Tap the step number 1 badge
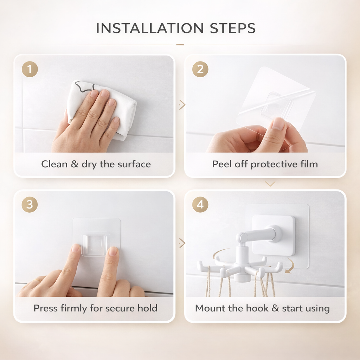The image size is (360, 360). (x=30, y=69)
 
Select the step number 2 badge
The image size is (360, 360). (x=200, y=69)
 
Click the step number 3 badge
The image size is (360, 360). (x=30, y=205)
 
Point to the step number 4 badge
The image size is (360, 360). (x=200, y=205)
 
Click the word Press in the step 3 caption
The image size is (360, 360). (x=46, y=308)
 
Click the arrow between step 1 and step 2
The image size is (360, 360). (x=182, y=104)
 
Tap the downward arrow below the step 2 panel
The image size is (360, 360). (x=270, y=184)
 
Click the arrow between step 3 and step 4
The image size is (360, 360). (x=182, y=243)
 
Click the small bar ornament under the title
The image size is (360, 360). (x=180, y=45)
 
